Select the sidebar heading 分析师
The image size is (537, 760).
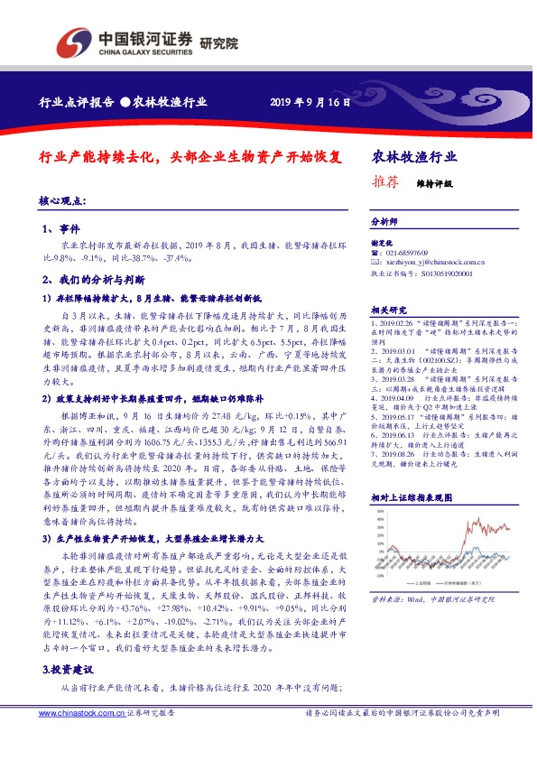(x=384, y=220)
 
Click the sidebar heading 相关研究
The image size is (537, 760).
(x=389, y=309)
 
